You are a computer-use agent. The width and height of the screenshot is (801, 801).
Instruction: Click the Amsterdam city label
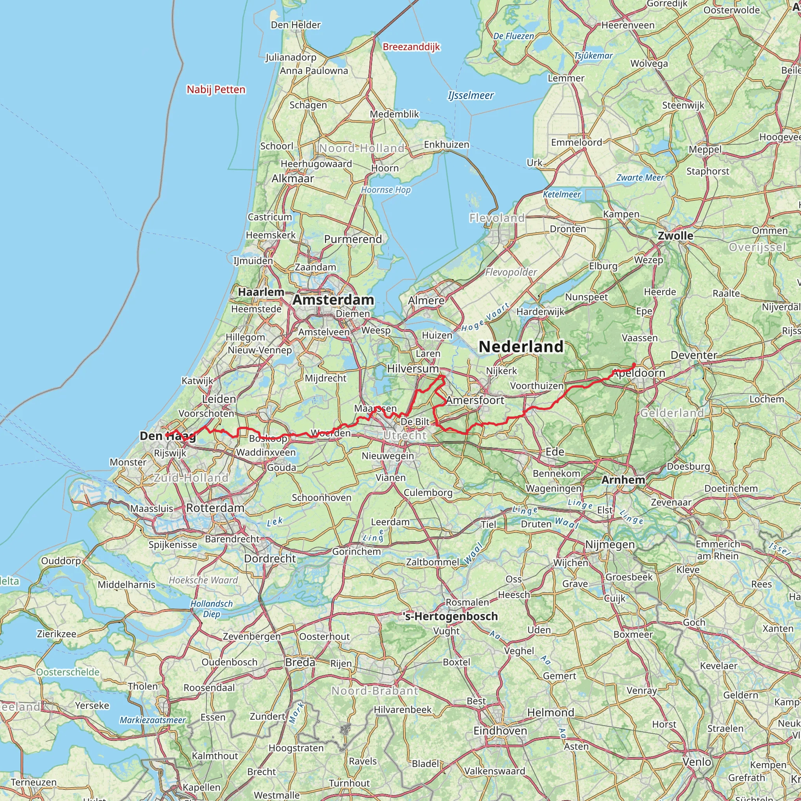point(333,300)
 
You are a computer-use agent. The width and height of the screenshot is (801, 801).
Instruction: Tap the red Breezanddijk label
point(411,47)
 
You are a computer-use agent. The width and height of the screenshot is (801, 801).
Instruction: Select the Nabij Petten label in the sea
point(216,90)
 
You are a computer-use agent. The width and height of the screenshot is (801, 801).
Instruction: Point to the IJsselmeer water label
point(471,96)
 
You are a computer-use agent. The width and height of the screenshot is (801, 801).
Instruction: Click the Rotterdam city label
point(215,508)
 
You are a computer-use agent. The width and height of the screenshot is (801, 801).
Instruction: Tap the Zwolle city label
point(675,236)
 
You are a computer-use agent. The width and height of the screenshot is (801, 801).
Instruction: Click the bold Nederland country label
point(521,347)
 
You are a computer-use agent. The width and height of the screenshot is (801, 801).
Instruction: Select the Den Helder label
point(296,25)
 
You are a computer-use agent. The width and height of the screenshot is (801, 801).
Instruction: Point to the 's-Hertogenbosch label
point(450,616)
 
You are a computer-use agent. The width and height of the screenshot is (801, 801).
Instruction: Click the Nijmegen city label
point(609,544)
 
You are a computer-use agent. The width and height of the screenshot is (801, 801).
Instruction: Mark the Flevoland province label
point(497,218)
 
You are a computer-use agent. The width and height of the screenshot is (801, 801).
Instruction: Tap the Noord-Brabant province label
point(375,691)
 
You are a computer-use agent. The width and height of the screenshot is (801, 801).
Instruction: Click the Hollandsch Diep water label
point(212,609)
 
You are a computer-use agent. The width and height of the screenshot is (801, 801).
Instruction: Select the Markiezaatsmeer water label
point(153,720)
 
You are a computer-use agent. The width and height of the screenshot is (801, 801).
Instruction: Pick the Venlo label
point(697,762)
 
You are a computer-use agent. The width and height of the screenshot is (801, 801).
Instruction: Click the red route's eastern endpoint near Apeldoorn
point(634,365)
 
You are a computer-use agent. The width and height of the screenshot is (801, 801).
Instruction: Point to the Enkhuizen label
point(447,145)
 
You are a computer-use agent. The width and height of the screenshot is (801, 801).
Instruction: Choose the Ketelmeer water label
point(562,194)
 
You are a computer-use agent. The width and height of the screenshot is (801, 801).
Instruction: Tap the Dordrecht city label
point(270,559)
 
